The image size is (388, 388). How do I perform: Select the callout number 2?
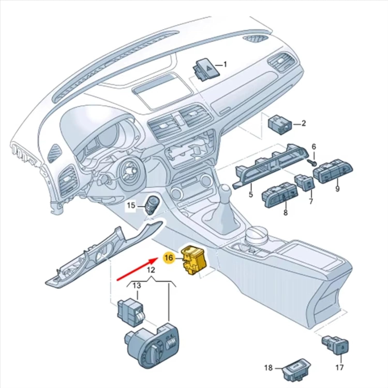coord(303,123)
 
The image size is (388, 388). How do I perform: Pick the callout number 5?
coord(251,194)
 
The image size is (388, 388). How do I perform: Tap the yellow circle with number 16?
coord(168,258)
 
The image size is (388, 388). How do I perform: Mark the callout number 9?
coord(337,189)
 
